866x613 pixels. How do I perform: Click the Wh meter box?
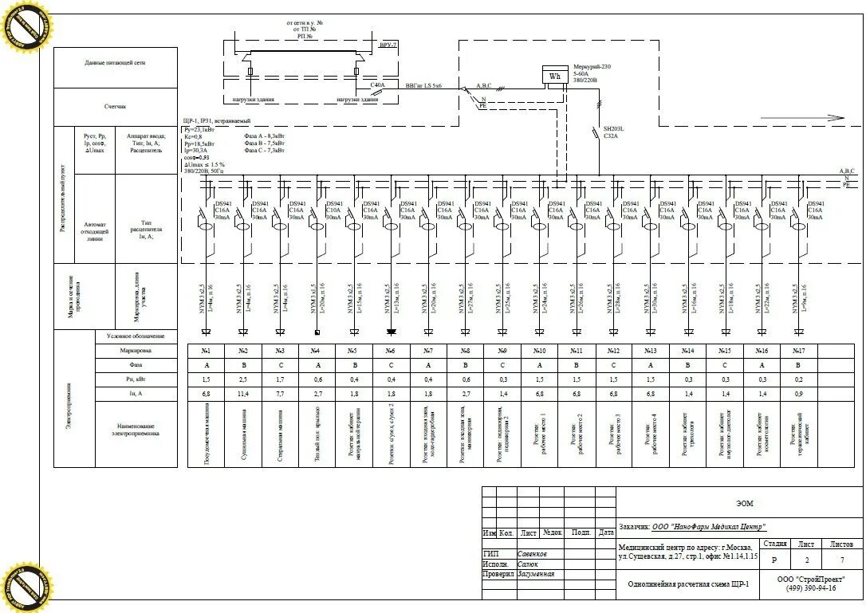pyautogui.click(x=553, y=76)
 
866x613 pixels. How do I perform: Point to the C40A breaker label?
pyautogui.click(x=377, y=84)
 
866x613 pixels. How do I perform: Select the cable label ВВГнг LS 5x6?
pyautogui.click(x=423, y=84)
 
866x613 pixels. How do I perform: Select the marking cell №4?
pyautogui.click(x=317, y=350)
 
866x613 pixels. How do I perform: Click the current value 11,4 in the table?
pyautogui.click(x=243, y=394)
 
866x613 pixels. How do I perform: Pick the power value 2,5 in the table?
pyautogui.click(x=243, y=379)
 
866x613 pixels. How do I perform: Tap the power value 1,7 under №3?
pyautogui.click(x=280, y=379)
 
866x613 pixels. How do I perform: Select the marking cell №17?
pyautogui.click(x=799, y=350)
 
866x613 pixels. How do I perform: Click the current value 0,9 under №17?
pyautogui.click(x=799, y=394)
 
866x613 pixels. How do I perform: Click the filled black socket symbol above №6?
pyautogui.click(x=391, y=331)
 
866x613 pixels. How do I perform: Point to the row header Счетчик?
pyautogui.click(x=115, y=106)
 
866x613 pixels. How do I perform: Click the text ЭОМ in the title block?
pyautogui.click(x=743, y=503)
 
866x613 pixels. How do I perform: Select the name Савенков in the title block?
pyautogui.click(x=533, y=553)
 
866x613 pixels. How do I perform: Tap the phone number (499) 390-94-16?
pyautogui.click(x=811, y=588)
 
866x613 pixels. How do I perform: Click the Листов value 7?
pyautogui.click(x=842, y=560)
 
